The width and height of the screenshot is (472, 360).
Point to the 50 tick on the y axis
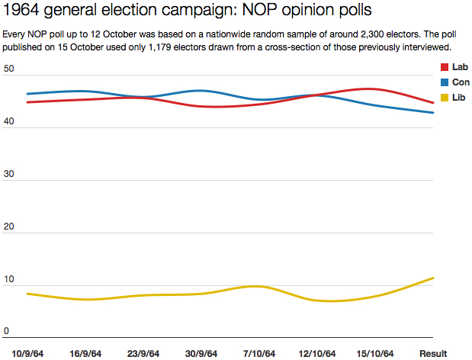[x=9, y=69]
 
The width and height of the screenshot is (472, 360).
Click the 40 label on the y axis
[x=9, y=121]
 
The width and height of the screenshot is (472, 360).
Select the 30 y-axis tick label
[x=9, y=174]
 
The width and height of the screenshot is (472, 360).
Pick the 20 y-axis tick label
[x=9, y=227]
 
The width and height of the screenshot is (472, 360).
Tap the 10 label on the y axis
[x=9, y=279]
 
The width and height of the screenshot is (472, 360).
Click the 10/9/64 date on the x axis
[x=27, y=353]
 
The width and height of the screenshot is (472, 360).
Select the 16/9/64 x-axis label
[x=85, y=353]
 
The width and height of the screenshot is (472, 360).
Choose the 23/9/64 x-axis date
[x=143, y=353]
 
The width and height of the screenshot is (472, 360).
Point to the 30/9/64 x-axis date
[x=201, y=353]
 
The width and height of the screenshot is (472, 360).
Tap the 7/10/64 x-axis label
[x=259, y=353]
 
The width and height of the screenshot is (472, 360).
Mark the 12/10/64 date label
[x=317, y=353]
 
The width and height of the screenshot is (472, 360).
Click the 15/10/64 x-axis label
[x=375, y=353]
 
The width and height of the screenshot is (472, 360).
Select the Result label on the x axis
[x=433, y=353]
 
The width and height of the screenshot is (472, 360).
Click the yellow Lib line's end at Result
[x=433, y=278]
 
